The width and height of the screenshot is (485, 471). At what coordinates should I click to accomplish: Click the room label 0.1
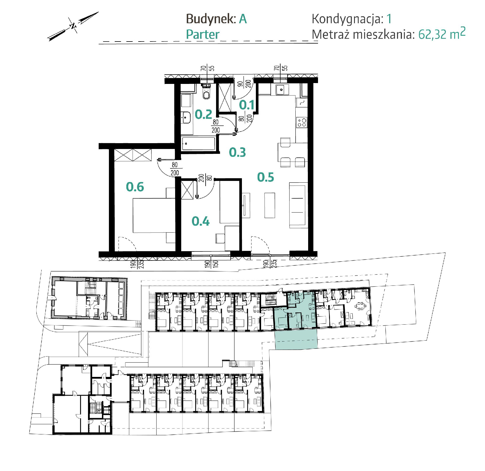(x=247, y=105)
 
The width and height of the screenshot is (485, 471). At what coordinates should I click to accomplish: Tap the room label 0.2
(x=203, y=114)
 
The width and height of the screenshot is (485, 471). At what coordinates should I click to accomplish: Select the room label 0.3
(x=237, y=152)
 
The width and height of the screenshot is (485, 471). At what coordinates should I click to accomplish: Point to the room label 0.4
(x=200, y=221)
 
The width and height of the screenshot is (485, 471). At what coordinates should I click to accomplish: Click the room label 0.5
(x=265, y=177)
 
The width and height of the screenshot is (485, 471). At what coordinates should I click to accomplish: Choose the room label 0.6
(x=135, y=187)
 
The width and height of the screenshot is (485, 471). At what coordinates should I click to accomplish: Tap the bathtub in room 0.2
(x=198, y=143)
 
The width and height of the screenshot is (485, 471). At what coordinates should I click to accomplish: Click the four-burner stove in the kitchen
(x=302, y=122)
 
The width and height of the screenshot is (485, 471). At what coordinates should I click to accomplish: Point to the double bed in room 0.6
(x=154, y=215)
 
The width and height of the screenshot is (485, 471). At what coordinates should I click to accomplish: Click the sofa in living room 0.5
(x=298, y=205)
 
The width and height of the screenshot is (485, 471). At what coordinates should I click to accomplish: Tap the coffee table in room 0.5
(x=270, y=205)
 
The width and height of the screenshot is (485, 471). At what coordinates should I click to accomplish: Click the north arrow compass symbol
(x=73, y=26)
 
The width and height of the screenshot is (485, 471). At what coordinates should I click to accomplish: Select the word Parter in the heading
(x=202, y=35)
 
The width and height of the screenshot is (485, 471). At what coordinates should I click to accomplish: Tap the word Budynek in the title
(x=211, y=19)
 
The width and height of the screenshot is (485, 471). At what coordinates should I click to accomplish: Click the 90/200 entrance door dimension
(x=244, y=84)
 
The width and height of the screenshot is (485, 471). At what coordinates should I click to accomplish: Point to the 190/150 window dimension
(x=211, y=264)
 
